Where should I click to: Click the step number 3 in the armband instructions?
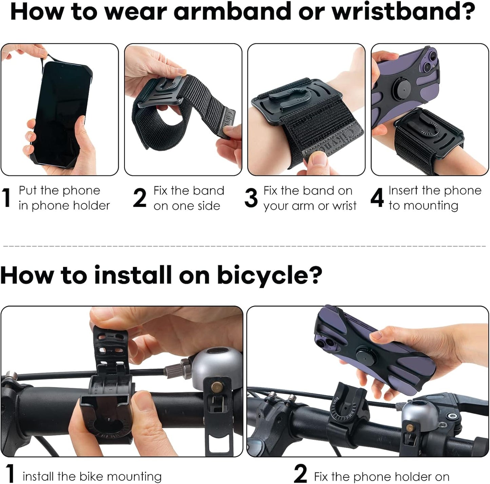tap(251, 198)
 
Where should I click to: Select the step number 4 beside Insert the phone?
tap(377, 198)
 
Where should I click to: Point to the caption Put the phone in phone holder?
tap(64, 198)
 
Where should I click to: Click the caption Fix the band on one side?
tap(189, 198)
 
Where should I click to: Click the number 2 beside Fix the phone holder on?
tap(300, 473)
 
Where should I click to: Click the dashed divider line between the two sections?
tap(244, 246)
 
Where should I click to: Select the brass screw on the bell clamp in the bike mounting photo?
tap(215, 386)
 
